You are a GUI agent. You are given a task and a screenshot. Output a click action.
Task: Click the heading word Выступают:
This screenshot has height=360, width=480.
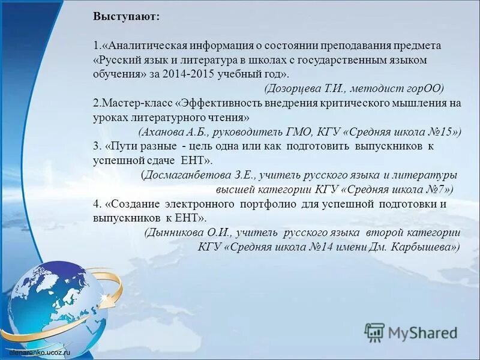click(127, 17)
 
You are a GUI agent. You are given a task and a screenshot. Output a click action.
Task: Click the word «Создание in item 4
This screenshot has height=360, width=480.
click(132, 204)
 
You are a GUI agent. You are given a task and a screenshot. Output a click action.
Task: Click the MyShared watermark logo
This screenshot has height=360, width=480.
click(411, 331)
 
